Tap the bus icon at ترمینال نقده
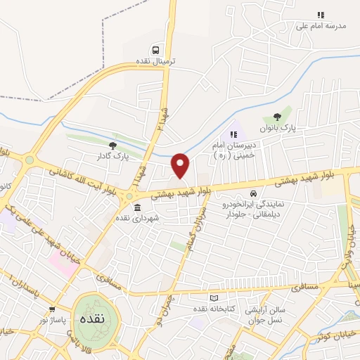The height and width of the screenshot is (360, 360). tap(155, 50)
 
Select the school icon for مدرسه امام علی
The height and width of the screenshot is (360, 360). tap(321, 14)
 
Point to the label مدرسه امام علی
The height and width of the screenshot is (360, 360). tap(321, 25)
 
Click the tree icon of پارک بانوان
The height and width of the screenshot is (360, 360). tap(276, 117)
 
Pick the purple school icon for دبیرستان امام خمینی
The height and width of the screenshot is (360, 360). tap(234, 134)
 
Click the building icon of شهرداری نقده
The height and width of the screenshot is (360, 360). tap(136, 207)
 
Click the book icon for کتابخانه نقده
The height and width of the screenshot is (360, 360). tap(214, 298)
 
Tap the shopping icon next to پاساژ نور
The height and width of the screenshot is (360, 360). tap(52, 309)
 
